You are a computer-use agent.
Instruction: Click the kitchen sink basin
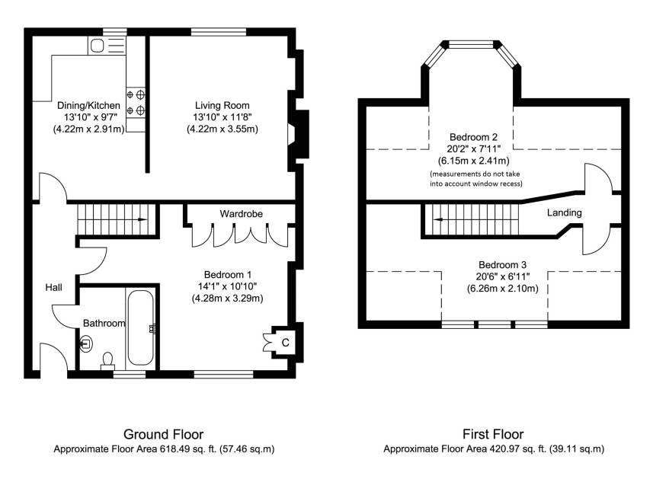point(98,46)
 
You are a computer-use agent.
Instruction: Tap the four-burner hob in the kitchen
point(136,103)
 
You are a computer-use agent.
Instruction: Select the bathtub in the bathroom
point(140,327)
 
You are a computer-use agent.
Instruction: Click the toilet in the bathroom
point(107,361)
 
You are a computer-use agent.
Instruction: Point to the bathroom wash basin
point(86,344)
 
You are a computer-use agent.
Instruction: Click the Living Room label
point(222,105)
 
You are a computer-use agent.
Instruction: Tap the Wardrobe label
point(241,214)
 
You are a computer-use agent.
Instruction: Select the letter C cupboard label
point(285,343)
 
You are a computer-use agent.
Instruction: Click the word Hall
point(54,287)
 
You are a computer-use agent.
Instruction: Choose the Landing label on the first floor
point(565,212)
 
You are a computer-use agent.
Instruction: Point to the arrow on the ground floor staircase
point(142,219)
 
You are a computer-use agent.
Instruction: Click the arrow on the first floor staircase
point(439,219)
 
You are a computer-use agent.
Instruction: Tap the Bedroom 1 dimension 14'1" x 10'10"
point(227,286)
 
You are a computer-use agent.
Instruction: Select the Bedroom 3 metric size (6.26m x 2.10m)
point(503,288)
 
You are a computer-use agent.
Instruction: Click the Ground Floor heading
point(164,435)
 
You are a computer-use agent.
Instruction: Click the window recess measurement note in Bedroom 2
point(475,179)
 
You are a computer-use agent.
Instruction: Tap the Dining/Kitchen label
point(88,105)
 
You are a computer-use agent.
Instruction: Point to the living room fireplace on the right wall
point(299,134)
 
